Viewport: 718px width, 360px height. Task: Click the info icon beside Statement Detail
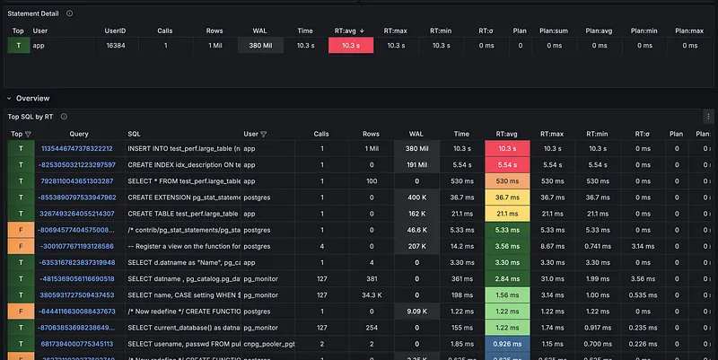click(x=70, y=13)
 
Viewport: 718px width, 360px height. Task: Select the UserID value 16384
click(x=115, y=44)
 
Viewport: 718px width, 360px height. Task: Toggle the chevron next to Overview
click(x=9, y=98)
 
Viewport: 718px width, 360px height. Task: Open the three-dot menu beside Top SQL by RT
click(x=78, y=117)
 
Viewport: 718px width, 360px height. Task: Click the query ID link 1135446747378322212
click(x=77, y=148)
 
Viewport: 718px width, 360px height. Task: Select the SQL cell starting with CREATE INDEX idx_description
click(x=184, y=164)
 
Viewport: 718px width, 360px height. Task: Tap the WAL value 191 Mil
click(x=416, y=164)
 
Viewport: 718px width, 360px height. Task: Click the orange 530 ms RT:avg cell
click(x=507, y=180)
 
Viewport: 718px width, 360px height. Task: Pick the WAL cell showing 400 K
click(x=416, y=197)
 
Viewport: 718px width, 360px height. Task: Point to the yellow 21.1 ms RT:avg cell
click(x=507, y=214)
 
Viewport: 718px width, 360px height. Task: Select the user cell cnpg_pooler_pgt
click(x=270, y=344)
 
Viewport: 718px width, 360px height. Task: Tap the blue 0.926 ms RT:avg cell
click(x=507, y=344)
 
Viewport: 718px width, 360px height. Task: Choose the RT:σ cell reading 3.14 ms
click(x=642, y=246)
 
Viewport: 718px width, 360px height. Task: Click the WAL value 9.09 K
click(x=416, y=312)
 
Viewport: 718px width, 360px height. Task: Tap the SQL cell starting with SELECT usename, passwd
click(x=184, y=344)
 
